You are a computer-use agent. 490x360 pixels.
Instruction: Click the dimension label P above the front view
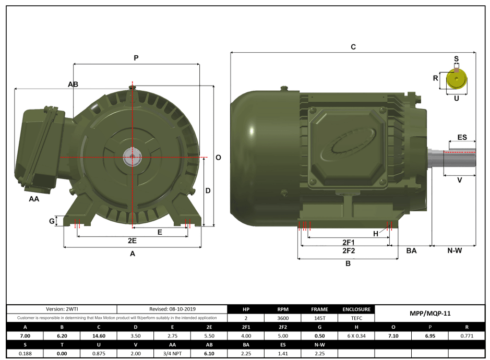point(136,58)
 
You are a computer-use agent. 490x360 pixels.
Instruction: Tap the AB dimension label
point(73,84)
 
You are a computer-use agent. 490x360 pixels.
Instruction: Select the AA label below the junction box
point(34,199)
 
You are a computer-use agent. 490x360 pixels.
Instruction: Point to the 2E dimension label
point(132,241)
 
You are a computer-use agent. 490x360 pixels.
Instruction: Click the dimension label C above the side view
point(353,47)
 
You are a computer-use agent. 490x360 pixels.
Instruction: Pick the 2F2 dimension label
point(349,251)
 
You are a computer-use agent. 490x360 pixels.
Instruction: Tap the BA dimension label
point(411,251)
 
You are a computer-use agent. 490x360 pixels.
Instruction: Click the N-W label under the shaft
point(455,251)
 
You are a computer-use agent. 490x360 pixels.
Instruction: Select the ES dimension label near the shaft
point(462,137)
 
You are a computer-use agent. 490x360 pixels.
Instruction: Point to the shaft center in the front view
point(133,156)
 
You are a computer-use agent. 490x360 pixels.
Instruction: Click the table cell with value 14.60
point(99,336)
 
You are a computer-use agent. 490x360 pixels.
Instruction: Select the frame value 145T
point(319,318)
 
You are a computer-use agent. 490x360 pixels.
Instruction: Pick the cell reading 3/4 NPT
point(172,354)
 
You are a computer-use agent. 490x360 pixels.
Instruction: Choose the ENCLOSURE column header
point(356,309)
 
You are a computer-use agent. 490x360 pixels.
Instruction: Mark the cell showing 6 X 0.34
point(356,336)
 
